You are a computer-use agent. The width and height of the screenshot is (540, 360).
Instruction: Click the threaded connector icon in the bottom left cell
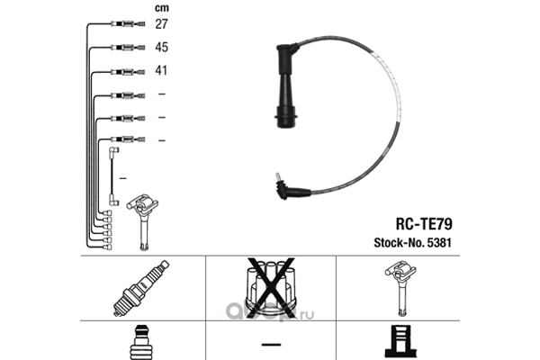pos(143,343)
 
